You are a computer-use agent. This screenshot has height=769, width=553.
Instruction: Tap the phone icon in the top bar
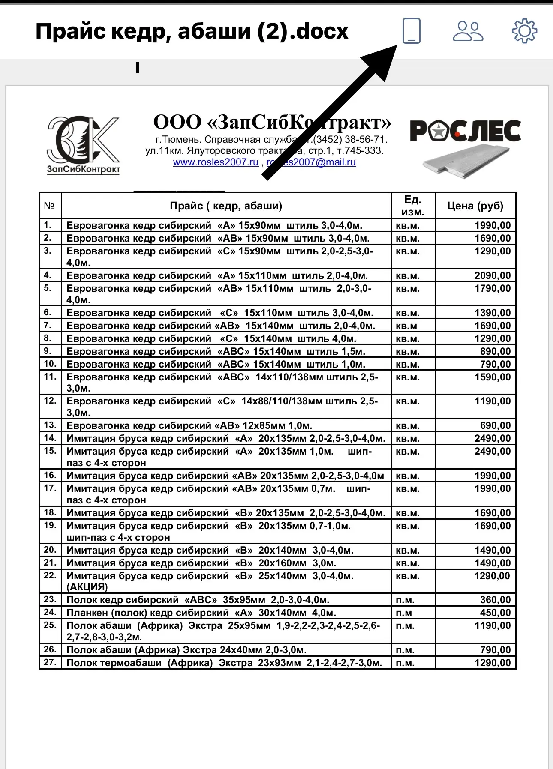point(411,31)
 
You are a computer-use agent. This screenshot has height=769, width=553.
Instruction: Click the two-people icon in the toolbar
point(468,31)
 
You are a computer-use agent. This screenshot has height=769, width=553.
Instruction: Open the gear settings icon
point(524,31)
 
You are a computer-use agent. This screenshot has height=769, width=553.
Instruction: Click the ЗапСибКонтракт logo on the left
point(83,145)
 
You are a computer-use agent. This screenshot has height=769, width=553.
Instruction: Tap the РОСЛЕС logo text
point(465,131)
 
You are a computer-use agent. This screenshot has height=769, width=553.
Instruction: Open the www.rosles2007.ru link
point(216,162)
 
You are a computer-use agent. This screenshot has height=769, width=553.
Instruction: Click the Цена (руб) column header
point(475,206)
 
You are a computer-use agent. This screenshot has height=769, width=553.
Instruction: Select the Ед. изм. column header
point(413,206)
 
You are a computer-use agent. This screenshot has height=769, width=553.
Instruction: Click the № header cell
point(50,206)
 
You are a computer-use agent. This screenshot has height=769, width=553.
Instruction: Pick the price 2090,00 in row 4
point(493,275)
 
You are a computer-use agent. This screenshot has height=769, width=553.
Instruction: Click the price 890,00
point(495,352)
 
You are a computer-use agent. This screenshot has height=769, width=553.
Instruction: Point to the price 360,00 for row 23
point(495,600)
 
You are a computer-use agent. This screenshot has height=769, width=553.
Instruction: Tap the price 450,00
point(495,613)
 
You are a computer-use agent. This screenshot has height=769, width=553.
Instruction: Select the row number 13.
point(50,425)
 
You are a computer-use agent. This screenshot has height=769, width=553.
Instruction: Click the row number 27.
point(50,662)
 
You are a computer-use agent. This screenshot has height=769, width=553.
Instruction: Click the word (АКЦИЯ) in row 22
point(87,587)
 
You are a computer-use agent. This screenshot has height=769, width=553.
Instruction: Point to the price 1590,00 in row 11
point(493,377)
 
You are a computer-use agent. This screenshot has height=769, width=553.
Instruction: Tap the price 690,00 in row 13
point(495,425)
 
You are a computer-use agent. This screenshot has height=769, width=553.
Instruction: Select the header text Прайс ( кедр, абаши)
point(226,206)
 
